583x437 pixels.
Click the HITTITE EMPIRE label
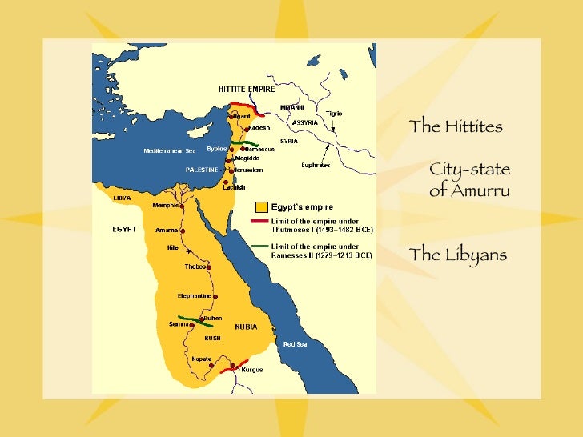(x=242, y=88)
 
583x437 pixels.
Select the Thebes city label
(x=195, y=267)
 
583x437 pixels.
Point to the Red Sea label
(x=295, y=343)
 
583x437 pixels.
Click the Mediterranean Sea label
(x=169, y=150)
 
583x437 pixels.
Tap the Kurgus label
(x=252, y=370)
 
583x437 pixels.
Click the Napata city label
(x=202, y=359)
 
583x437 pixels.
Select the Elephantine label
(x=194, y=296)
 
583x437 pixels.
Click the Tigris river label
(x=333, y=114)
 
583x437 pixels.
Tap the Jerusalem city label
(x=249, y=170)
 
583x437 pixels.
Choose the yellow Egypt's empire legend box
(x=260, y=207)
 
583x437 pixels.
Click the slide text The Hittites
(x=456, y=126)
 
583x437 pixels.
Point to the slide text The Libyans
(x=458, y=255)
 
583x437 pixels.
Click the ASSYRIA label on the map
(x=304, y=122)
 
